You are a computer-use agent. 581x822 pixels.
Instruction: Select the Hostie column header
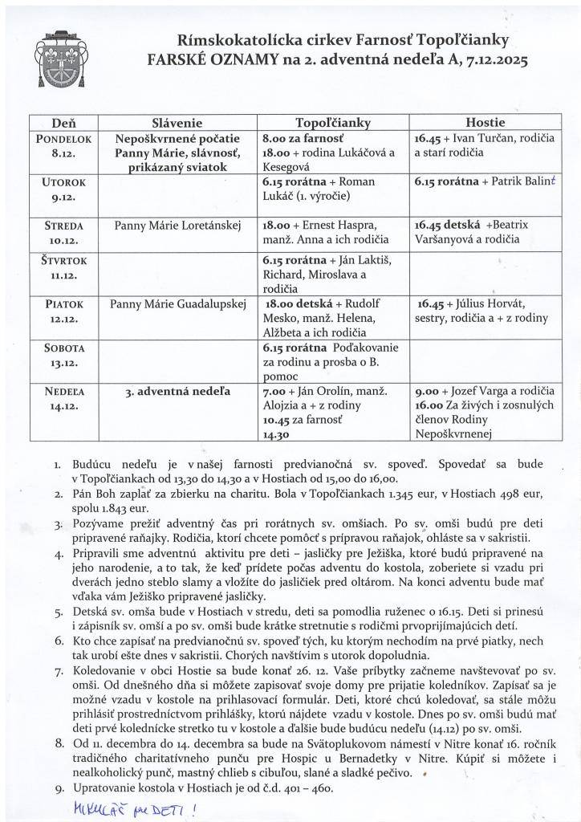click(x=484, y=123)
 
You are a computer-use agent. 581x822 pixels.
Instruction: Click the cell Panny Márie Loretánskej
click(x=177, y=226)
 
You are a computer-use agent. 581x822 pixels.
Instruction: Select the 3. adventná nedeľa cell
click(x=177, y=392)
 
